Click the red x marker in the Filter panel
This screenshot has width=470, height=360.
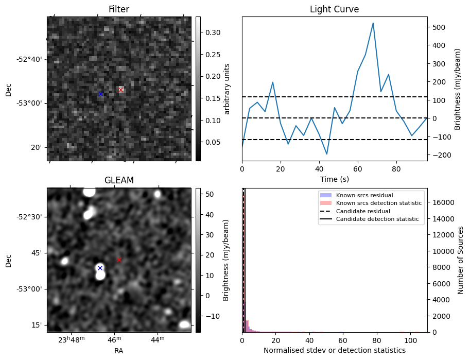click(120, 90)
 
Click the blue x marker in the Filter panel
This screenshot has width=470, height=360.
click(100, 94)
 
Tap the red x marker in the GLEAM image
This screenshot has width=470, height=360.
click(119, 260)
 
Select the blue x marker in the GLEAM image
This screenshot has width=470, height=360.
click(100, 268)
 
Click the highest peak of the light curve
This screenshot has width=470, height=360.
click(373, 23)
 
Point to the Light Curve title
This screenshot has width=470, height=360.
click(334, 9)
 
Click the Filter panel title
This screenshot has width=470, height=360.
click(118, 9)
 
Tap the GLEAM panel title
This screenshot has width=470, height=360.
click(118, 180)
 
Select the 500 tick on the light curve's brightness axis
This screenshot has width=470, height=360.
click(439, 27)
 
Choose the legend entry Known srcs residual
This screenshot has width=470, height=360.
click(364, 196)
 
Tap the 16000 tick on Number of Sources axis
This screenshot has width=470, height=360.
click(443, 202)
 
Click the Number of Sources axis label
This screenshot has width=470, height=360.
click(461, 260)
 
